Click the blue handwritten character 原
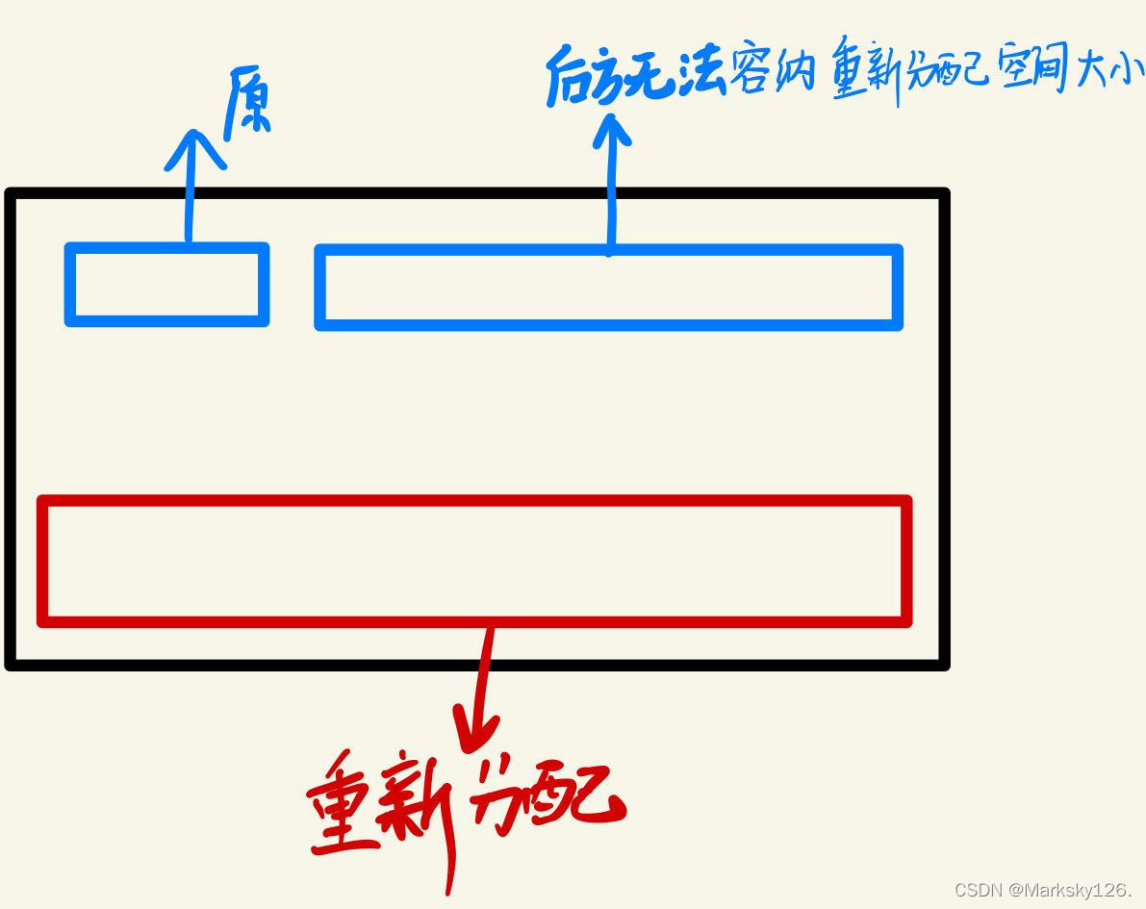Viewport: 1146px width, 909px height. [x=247, y=105]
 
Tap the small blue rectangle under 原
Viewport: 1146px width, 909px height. [x=166, y=284]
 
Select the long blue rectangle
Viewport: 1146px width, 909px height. [x=608, y=288]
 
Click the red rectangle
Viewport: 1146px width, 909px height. [x=474, y=561]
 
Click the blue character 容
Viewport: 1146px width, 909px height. [x=751, y=73]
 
